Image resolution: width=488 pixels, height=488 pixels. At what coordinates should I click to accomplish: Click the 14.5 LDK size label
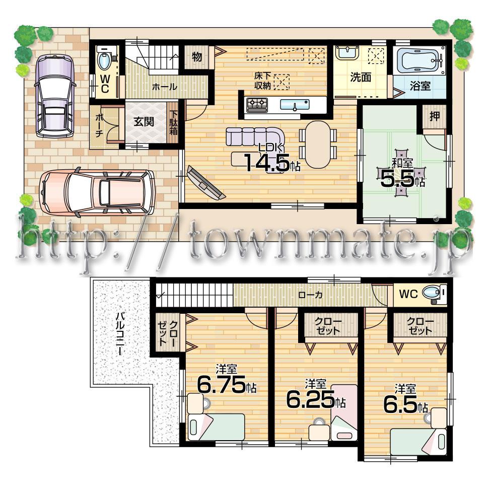point(267,162)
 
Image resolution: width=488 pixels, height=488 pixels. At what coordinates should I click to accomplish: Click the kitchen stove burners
point(257,105)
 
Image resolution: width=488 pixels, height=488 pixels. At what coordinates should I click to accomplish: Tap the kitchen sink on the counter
point(295,105)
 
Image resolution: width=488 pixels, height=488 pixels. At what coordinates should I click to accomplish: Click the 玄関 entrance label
point(144,122)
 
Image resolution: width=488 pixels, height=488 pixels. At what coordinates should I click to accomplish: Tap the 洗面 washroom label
point(361,78)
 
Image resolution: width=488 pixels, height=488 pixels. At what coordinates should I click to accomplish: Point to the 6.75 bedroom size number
point(221,386)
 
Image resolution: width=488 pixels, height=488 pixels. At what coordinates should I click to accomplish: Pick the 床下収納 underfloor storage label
point(262,81)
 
